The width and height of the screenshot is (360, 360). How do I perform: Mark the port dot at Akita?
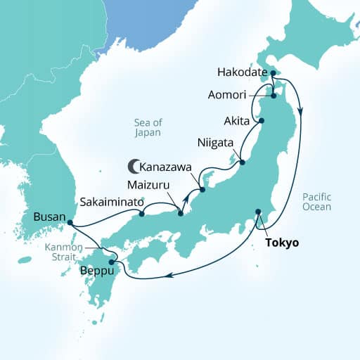[262, 121]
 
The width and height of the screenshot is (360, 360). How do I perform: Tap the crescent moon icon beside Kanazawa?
[132, 167]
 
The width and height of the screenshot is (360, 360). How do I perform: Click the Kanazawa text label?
[167, 167]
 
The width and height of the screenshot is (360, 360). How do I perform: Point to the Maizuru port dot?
[181, 214]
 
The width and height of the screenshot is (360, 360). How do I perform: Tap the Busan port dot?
[69, 223]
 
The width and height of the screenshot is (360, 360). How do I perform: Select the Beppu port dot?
[112, 262]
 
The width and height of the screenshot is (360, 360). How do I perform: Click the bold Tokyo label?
[282, 243]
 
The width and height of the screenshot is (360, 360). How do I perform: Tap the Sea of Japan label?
[148, 127]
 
